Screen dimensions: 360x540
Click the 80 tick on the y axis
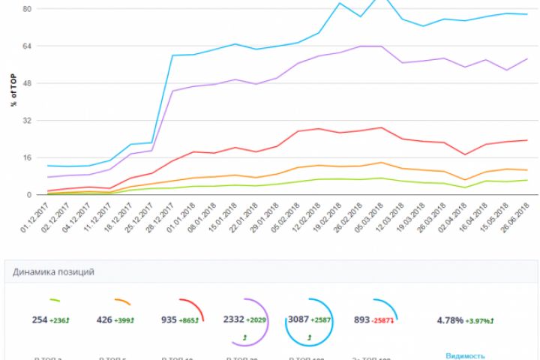coord(26,9)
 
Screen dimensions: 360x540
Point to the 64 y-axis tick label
coord(26,46)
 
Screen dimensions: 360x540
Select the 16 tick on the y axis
coord(26,157)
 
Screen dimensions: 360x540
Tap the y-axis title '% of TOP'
coord(13,90)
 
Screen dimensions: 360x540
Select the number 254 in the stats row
coord(40,320)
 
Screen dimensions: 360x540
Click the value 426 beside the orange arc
coord(104,320)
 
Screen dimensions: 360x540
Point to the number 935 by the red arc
coord(169,320)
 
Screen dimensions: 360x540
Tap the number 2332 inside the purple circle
coord(234,319)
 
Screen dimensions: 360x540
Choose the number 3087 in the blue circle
coord(299,319)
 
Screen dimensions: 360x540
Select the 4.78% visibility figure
coord(450,320)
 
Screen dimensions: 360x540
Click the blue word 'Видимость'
coord(465,356)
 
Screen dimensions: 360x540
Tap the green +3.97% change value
coord(480,320)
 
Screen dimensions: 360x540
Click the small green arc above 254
coord(55,301)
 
